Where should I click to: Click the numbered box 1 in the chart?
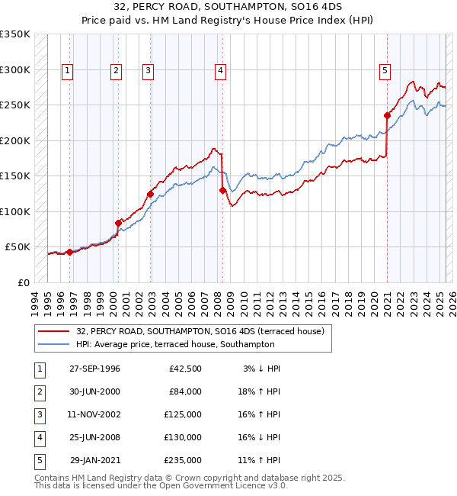tap(68, 71)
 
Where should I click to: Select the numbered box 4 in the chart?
tap(220, 71)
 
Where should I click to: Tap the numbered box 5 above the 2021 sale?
tap(385, 71)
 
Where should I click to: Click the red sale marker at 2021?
tap(387, 116)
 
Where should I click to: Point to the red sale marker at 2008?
tap(222, 191)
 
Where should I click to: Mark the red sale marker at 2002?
tap(150, 194)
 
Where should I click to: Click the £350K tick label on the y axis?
tap(14, 34)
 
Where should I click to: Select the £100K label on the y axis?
tap(14, 211)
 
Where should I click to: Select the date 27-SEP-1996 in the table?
tap(94, 369)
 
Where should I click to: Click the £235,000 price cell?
tap(183, 460)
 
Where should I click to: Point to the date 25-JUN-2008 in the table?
tap(94, 437)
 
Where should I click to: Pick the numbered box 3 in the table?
tap(37, 414)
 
